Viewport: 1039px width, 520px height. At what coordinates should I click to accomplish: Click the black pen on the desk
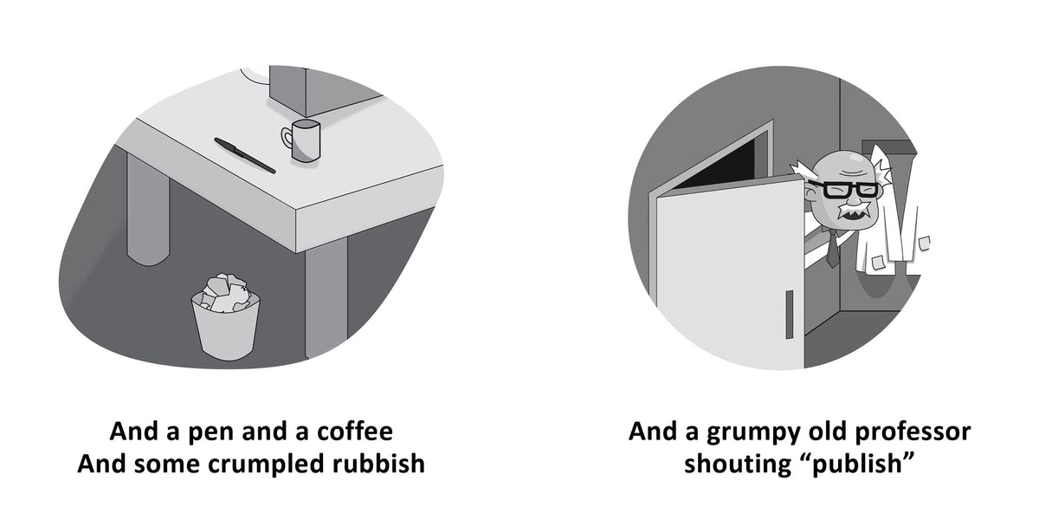coord(244,155)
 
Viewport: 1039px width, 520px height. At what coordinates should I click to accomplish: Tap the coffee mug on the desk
coord(301,140)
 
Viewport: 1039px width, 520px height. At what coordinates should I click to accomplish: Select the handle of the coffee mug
coord(287,138)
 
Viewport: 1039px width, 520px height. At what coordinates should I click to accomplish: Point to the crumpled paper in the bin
coord(226,291)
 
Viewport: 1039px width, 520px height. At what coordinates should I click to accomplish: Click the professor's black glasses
coord(846,190)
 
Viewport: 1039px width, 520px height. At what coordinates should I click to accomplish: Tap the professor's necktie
coord(832,249)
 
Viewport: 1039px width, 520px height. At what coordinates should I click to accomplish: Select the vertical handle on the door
coord(789,315)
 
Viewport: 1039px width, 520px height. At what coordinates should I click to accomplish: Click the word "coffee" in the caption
coord(355,432)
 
